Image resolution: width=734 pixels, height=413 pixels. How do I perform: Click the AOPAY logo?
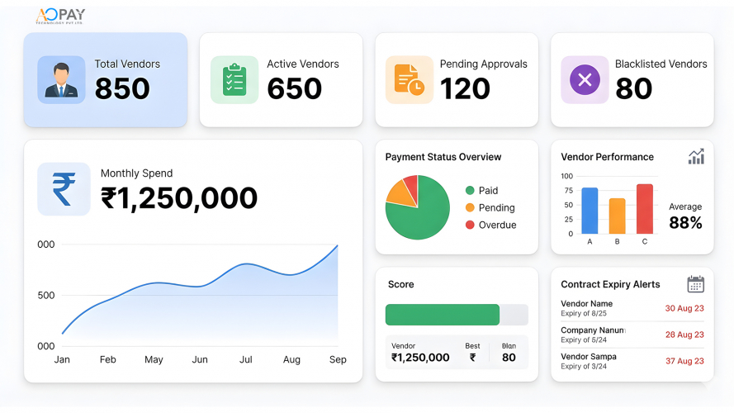point(60,16)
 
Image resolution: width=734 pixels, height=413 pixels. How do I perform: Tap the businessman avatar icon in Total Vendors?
point(61,79)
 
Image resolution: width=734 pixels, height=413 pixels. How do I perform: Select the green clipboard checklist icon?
point(234,79)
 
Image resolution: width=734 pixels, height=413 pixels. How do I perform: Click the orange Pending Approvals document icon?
point(409,79)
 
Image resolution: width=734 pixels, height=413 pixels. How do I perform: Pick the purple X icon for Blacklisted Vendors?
point(585,79)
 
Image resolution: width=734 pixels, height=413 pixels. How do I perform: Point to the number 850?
point(122,89)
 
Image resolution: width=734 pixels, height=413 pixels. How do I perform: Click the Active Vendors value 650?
point(294,89)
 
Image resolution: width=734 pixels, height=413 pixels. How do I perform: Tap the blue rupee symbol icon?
point(64,189)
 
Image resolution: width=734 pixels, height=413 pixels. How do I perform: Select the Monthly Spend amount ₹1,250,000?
point(179,198)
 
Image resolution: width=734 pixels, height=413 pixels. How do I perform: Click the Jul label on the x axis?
point(246,360)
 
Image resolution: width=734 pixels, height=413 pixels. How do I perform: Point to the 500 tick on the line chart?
point(46,296)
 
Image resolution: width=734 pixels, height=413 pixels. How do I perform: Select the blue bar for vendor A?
point(590,211)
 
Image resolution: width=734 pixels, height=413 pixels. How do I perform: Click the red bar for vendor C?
point(645,208)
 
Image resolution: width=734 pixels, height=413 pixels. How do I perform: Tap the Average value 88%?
point(685,223)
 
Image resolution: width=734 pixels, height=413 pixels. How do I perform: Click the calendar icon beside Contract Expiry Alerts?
point(695,284)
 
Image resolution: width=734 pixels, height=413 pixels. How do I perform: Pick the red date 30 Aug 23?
point(684,308)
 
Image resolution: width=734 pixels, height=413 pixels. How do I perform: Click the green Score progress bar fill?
point(443,315)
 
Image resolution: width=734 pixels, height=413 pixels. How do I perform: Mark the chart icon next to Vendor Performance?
point(696,157)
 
